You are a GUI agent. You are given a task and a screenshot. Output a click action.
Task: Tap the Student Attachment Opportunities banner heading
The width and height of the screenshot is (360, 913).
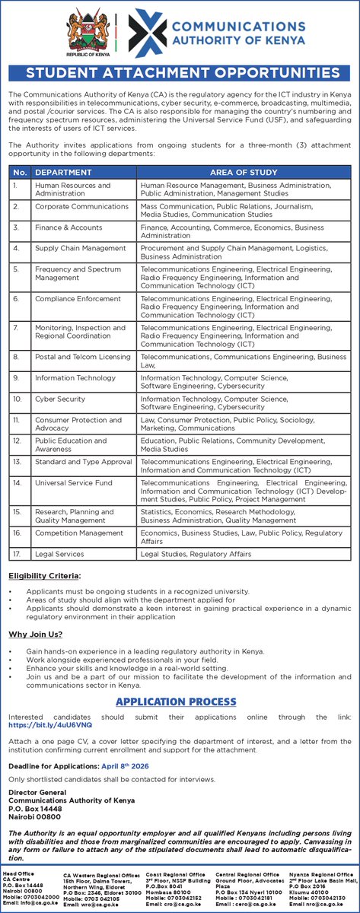click(x=180, y=73)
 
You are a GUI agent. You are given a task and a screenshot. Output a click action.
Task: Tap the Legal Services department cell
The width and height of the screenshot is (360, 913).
click(x=59, y=554)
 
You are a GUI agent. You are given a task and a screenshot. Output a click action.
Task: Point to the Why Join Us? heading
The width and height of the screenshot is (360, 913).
click(x=35, y=635)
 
